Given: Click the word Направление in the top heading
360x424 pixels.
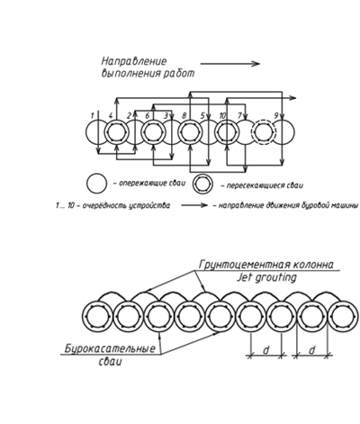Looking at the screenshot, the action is [133, 61].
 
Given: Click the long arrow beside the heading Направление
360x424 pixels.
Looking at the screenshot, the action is [230, 64].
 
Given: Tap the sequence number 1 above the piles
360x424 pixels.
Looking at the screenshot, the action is [94, 115].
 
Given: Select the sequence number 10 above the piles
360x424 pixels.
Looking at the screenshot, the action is [222, 115].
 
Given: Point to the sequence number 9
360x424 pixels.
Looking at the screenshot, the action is [277, 115].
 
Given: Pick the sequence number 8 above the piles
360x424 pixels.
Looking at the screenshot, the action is [184, 115].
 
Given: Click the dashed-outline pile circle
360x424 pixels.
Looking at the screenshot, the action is [263, 132].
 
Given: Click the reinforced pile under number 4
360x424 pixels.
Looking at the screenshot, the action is [116, 132].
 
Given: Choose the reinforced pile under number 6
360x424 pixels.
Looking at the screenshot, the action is [153, 132].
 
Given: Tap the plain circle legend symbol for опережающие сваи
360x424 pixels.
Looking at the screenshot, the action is [96, 183].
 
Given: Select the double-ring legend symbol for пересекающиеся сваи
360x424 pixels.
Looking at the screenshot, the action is [202, 184].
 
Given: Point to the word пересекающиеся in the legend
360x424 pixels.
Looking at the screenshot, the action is [256, 185].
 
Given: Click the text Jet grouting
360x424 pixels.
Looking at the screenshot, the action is [266, 278].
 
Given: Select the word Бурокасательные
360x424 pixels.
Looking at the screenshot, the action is [111, 348].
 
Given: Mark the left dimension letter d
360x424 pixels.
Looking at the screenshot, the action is [266, 350].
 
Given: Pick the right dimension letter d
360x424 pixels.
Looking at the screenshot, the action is [312, 350].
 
